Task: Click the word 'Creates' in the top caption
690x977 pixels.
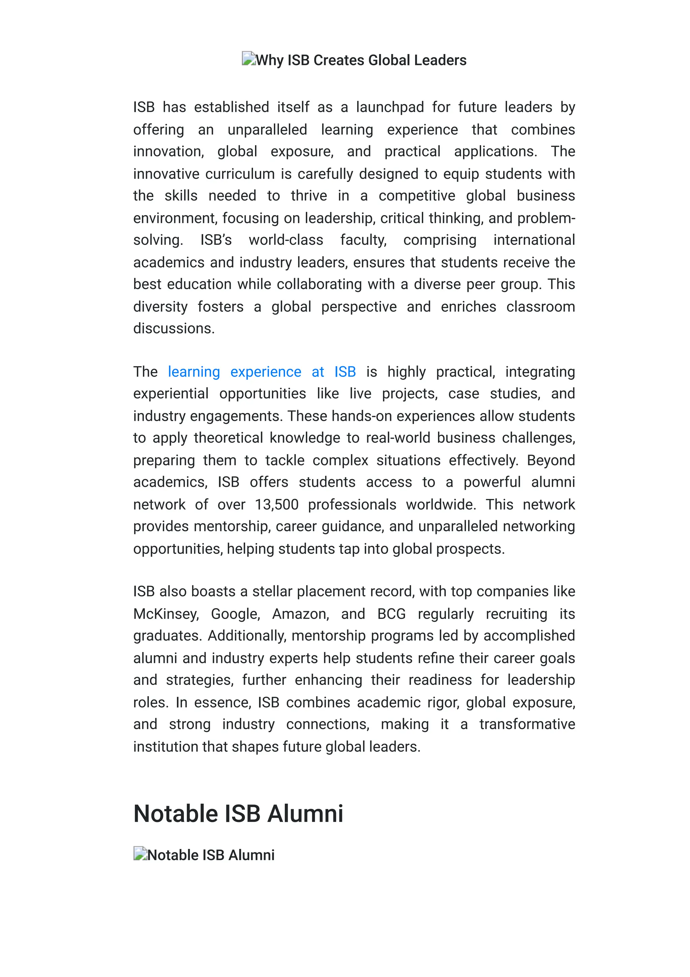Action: (339, 60)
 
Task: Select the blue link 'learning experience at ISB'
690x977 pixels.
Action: (261, 372)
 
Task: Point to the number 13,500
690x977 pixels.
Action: (276, 505)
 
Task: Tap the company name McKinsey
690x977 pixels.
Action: (166, 614)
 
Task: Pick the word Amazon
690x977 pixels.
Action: (301, 614)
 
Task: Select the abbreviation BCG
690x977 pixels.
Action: (391, 614)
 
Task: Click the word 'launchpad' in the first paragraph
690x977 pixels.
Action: (390, 107)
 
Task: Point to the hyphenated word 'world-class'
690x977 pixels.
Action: (286, 240)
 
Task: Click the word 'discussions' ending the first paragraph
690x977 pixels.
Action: (174, 328)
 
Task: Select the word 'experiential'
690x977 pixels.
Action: (170, 394)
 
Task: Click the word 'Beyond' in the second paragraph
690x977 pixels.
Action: (551, 461)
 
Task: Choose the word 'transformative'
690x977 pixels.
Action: (527, 724)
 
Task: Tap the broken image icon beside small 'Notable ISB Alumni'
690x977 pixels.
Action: (140, 853)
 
